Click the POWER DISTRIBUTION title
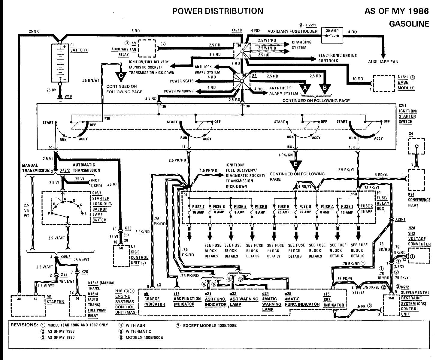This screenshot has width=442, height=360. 218,11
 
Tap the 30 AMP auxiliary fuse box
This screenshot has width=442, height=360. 332,35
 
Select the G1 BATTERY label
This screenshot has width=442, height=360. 79,47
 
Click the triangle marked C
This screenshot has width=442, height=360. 121,76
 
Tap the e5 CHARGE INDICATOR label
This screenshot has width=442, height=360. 155,299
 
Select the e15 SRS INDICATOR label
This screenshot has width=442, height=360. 334,300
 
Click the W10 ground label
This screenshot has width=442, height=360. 68,96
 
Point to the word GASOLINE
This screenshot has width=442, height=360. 409,24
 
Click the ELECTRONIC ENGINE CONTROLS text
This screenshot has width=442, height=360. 338,58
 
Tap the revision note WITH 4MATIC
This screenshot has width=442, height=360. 138,331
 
